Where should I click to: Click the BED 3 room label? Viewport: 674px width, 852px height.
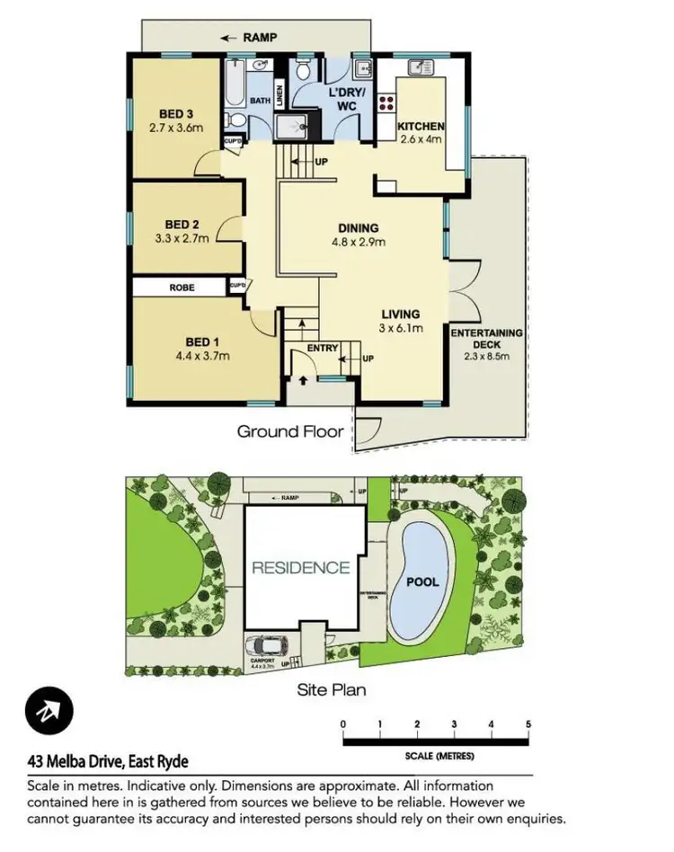point(177,113)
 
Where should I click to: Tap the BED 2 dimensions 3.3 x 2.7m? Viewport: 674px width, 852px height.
point(182,239)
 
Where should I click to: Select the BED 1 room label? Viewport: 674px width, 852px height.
point(203,342)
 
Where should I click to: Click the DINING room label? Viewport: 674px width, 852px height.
point(358,228)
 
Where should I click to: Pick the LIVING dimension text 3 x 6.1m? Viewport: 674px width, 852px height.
point(400,328)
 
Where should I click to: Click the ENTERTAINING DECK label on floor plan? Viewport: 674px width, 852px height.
point(486,339)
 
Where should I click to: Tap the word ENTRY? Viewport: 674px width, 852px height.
point(323,348)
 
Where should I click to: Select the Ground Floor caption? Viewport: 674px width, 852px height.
point(290,431)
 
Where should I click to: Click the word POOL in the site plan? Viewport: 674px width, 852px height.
point(423,581)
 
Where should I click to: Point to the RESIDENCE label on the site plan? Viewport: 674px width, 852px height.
point(300,567)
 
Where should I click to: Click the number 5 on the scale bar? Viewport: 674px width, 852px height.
point(528,724)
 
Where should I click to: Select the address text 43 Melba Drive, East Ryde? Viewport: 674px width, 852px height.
point(108,762)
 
